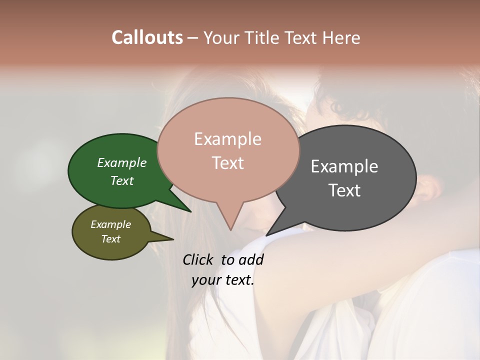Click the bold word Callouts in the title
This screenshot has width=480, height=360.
[147, 37]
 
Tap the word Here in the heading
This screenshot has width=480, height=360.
[341, 37]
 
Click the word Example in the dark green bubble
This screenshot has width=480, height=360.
[121, 162]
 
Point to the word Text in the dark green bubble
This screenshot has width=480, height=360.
[121, 180]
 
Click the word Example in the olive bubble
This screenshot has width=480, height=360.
[110, 224]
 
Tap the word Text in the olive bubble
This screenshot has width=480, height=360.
[110, 239]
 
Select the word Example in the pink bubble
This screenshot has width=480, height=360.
[227, 139]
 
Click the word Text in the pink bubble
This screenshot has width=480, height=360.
[227, 163]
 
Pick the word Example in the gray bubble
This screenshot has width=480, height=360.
[344, 166]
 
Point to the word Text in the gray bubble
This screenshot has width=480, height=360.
[344, 190]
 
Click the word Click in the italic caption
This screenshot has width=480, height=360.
[199, 259]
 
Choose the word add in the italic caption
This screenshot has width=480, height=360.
[251, 259]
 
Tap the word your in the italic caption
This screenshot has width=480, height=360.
[205, 280]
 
